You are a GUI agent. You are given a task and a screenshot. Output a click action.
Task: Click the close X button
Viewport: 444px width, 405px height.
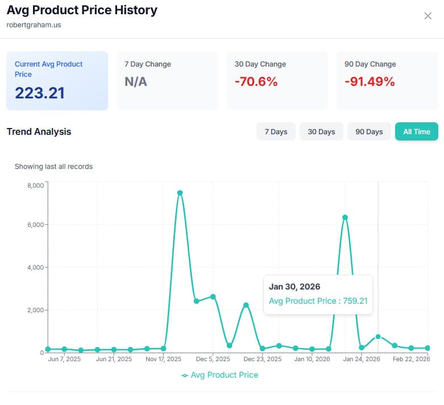coord(428,16)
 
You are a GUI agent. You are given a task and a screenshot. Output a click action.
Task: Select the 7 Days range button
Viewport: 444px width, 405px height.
coord(276,131)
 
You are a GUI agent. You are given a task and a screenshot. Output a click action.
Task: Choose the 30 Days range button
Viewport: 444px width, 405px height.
coord(321,131)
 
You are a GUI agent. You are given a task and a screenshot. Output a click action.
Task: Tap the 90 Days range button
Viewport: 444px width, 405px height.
coord(369,131)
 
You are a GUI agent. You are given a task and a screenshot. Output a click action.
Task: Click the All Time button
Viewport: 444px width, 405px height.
coord(416,131)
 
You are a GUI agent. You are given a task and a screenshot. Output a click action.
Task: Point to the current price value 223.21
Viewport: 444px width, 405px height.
coord(40,93)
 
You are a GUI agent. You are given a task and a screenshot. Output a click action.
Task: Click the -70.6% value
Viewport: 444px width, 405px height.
coord(256,82)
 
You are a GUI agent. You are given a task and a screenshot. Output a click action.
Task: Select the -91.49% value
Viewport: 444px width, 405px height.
coord(369,82)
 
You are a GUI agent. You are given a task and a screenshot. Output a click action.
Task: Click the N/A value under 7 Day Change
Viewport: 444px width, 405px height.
coord(136,82)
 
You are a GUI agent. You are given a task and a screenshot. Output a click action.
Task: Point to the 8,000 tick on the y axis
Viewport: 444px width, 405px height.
coord(35,185)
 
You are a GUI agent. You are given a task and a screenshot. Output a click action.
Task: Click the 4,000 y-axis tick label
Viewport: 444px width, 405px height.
coord(35,267)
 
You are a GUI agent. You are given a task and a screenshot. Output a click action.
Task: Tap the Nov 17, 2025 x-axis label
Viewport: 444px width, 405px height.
coord(163,359)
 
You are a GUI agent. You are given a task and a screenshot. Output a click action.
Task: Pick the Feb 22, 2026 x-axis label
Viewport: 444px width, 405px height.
coord(411,359)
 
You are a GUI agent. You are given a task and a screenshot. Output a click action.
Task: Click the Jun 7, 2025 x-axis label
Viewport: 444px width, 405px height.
coord(65,359)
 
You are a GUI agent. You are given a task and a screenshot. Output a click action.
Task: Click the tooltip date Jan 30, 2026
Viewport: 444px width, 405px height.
coord(294,287)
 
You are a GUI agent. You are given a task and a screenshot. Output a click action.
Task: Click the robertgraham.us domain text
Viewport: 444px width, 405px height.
coord(34,25)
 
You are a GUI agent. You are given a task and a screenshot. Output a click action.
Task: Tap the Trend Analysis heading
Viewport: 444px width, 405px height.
coord(39,131)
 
